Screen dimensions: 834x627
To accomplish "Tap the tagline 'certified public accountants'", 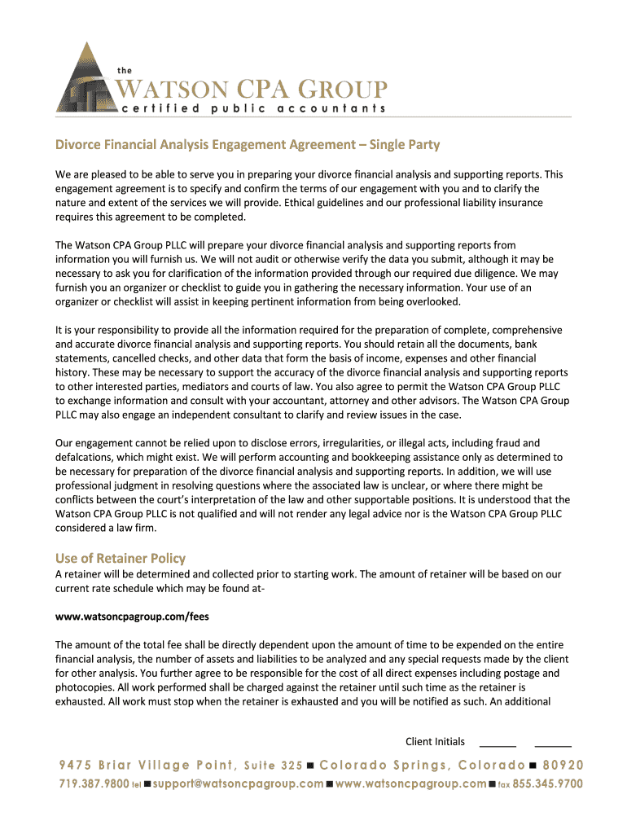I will click(x=253, y=108).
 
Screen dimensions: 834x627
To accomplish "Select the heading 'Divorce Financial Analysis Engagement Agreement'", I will click(x=208, y=145).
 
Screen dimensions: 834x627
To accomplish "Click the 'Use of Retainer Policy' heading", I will click(x=121, y=558).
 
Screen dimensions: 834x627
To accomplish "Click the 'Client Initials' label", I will click(x=435, y=741).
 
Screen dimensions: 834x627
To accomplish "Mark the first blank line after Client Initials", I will click(x=498, y=744).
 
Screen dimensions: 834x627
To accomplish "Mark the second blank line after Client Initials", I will click(x=553, y=744).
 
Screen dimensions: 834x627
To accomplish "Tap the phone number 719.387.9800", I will click(x=94, y=784).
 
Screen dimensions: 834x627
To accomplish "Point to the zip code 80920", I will click(x=562, y=765).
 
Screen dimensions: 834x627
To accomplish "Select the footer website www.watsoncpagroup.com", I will click(x=410, y=784).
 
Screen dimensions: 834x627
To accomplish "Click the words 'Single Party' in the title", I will click(x=404, y=145).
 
